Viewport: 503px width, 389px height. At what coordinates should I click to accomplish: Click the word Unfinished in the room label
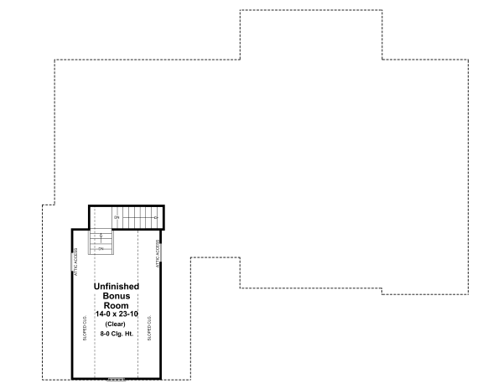116,287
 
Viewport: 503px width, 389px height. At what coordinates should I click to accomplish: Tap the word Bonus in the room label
116,296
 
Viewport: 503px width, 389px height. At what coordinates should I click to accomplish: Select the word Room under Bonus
116,305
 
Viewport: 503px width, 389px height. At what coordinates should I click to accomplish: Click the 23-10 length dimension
128,314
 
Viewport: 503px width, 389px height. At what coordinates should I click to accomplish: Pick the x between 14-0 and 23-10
115,314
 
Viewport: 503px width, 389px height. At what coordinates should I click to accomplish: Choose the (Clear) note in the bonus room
116,324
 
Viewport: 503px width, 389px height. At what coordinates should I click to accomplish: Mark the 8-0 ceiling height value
104,333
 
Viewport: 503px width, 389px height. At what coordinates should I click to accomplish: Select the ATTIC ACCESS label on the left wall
76,262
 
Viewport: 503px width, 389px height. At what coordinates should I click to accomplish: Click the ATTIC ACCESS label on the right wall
157,253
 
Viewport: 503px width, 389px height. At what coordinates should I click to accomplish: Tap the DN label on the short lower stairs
101,248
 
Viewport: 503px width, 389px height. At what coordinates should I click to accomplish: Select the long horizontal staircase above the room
137,218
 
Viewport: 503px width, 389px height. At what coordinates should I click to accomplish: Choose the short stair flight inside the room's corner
101,241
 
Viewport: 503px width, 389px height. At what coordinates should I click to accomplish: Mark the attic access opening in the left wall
72,261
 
